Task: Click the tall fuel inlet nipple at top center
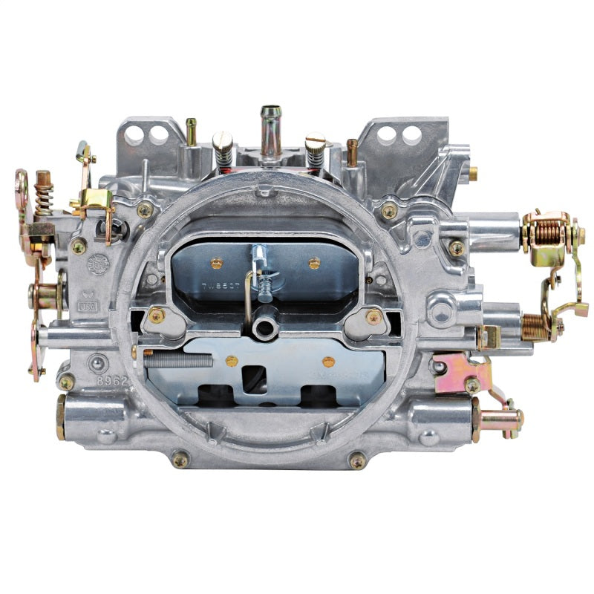point(270,131)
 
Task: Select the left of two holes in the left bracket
point(134,134)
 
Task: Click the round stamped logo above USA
point(97,264)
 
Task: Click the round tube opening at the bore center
point(261,327)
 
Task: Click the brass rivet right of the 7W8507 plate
point(314,263)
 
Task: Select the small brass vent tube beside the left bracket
point(192,131)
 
